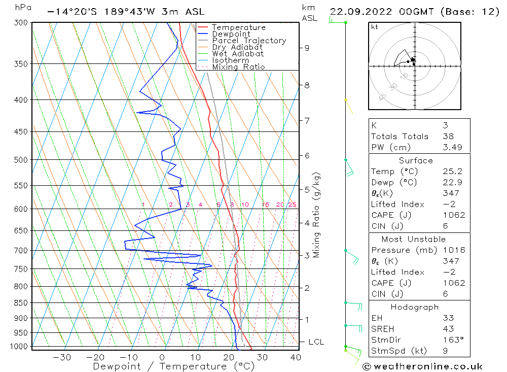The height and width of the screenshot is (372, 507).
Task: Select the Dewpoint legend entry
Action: pyautogui.click(x=231, y=34)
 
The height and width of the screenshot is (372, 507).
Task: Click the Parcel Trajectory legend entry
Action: pyautogui.click(x=249, y=41)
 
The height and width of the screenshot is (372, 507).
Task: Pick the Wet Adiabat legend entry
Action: pyautogui.click(x=238, y=54)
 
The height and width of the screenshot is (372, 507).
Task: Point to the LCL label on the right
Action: pyautogui.click(x=316, y=342)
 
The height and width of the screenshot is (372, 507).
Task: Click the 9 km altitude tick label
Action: pyautogui.click(x=307, y=48)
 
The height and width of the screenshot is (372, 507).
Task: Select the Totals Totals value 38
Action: pyautogui.click(x=448, y=136)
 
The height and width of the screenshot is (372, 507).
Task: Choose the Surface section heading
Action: pyautogui.click(x=416, y=160)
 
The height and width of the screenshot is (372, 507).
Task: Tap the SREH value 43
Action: pyautogui.click(x=448, y=329)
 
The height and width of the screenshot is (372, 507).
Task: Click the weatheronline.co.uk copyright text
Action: pyautogui.click(x=423, y=366)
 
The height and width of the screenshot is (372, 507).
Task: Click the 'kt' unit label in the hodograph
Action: pyautogui.click(x=375, y=27)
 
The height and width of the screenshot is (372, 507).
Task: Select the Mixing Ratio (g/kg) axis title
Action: pyautogui.click(x=317, y=215)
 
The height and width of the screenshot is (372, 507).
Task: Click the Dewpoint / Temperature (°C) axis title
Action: pyautogui.click(x=173, y=366)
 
